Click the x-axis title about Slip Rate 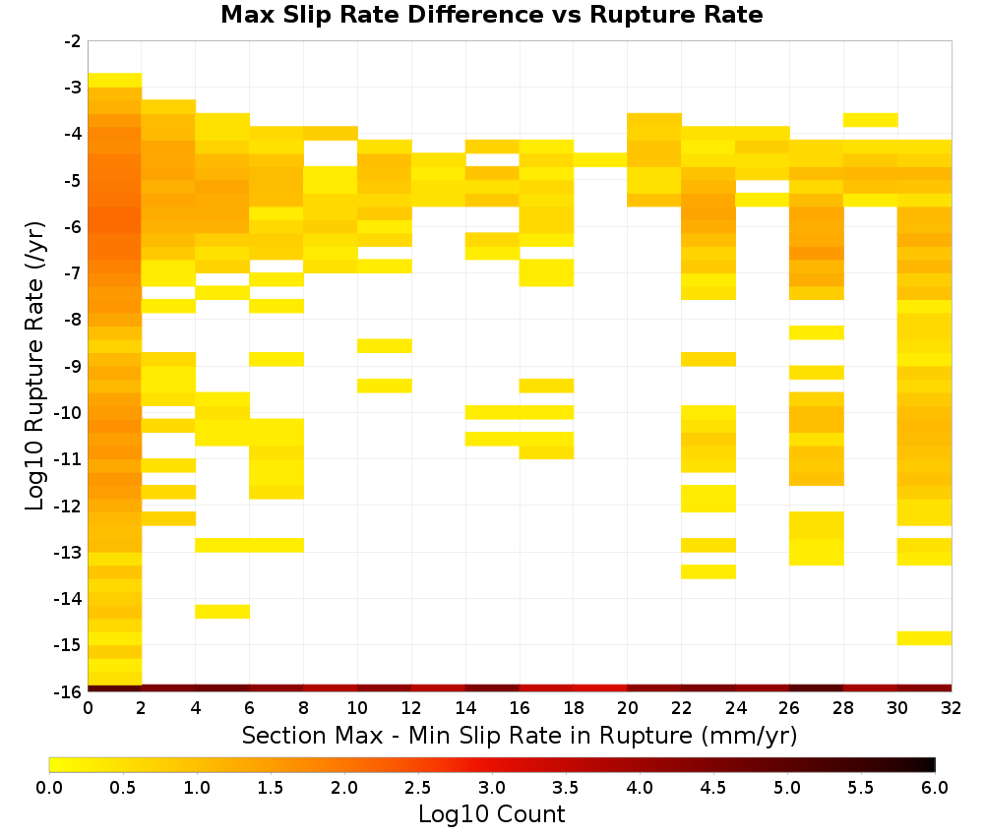(x=519, y=735)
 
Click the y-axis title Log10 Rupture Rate (x=35, y=366)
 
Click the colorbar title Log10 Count (x=491, y=814)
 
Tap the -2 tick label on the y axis (x=74, y=41)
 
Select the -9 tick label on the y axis (x=74, y=366)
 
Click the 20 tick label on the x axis (x=628, y=708)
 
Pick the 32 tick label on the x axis (x=952, y=708)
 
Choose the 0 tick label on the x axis (x=88, y=708)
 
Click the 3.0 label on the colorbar (x=491, y=787)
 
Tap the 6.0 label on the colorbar (x=935, y=787)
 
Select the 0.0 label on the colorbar (x=49, y=787)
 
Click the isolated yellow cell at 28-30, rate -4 (x=871, y=120)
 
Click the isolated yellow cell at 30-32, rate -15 (x=924, y=637)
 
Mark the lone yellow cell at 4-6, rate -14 (x=222, y=612)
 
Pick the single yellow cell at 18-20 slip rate (x=600, y=159)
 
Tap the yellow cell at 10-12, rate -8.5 (x=385, y=345)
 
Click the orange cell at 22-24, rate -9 (x=708, y=359)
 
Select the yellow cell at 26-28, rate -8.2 (x=817, y=332)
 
